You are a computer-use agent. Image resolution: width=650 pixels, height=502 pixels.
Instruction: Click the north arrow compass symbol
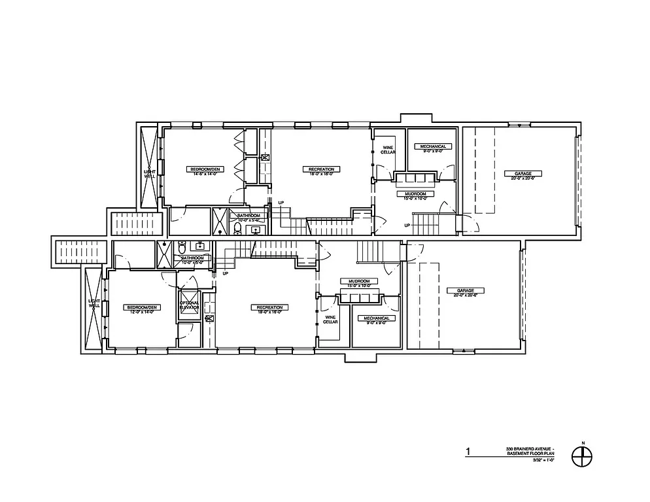click(x=581, y=455)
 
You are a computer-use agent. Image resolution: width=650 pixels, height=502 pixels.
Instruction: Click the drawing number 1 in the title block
click(x=468, y=451)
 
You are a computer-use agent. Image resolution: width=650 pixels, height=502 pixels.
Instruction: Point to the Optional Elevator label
click(x=189, y=305)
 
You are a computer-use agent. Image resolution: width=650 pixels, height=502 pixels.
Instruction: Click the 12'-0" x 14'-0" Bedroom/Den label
click(x=143, y=308)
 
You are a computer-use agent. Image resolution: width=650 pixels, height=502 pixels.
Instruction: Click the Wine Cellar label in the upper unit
click(x=388, y=149)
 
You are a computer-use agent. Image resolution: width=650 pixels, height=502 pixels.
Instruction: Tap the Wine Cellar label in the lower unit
click(x=331, y=320)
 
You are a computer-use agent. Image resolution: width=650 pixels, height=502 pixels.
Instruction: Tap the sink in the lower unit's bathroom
click(x=200, y=246)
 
